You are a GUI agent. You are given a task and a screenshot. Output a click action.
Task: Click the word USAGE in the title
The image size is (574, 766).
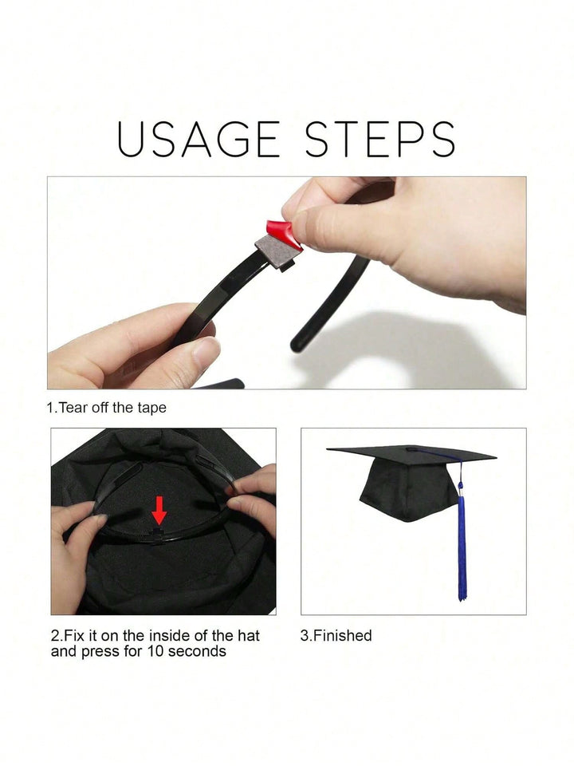tap(199, 139)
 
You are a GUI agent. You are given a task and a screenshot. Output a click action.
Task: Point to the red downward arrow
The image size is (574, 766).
tap(159, 511)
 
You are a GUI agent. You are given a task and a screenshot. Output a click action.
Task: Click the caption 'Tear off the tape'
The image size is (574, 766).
tap(112, 408)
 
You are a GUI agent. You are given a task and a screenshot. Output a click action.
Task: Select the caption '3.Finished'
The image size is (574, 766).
tap(336, 636)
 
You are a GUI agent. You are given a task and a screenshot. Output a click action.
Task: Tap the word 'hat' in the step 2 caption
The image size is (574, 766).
tap(249, 636)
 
